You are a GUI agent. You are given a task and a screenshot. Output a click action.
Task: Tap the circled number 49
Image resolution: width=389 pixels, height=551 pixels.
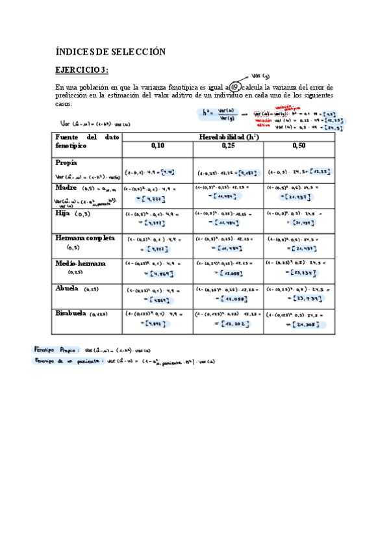coord(234,87)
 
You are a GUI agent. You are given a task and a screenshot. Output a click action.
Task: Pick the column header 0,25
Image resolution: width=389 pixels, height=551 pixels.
coord(227,146)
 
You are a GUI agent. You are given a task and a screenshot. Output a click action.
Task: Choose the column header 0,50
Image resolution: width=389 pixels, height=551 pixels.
coord(299,146)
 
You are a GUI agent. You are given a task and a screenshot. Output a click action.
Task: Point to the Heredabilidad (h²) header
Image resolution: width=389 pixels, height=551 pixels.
coord(229,136)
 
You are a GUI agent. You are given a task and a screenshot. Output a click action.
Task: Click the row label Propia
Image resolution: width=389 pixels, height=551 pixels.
coord(66,162)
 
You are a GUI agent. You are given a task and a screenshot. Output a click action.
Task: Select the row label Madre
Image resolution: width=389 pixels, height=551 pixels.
coord(67,187)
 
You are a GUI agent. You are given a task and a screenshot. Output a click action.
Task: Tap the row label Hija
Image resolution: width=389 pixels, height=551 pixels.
coord(64,213)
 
